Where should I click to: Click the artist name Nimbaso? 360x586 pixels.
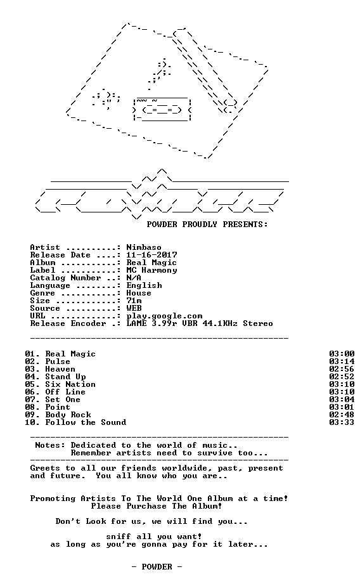[144, 247]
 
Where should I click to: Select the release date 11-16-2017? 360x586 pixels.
[151, 255]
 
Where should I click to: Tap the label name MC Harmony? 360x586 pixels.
[151, 270]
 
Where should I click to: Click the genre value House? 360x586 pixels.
[139, 293]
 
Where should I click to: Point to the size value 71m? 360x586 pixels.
[134, 301]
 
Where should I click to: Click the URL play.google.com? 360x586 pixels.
[164, 316]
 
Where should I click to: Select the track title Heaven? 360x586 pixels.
[60, 369]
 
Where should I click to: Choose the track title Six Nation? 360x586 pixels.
[70, 384]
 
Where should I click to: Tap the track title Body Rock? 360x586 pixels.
[68, 415]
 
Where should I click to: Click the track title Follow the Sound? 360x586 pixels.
[86, 422]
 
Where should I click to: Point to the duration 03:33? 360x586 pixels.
[342, 422]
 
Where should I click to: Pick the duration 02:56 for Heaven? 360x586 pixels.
[342, 369]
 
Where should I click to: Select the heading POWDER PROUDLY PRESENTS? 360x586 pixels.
[207, 225]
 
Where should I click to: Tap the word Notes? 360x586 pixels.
[50, 445]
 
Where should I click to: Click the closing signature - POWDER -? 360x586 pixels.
[157, 567]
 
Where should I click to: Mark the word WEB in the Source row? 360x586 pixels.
[134, 308]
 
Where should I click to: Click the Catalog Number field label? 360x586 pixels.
[65, 278]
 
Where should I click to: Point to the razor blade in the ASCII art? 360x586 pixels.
[162, 110]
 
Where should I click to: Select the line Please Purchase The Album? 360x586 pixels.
[157, 506]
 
